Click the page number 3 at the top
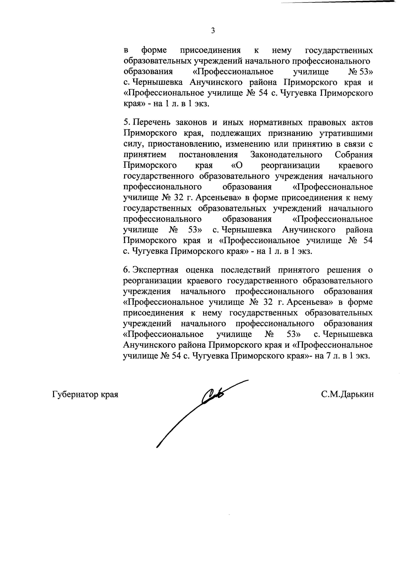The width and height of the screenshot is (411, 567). (x=213, y=31)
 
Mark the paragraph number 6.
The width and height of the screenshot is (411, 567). (x=126, y=270)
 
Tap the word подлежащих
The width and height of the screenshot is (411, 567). (x=236, y=134)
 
